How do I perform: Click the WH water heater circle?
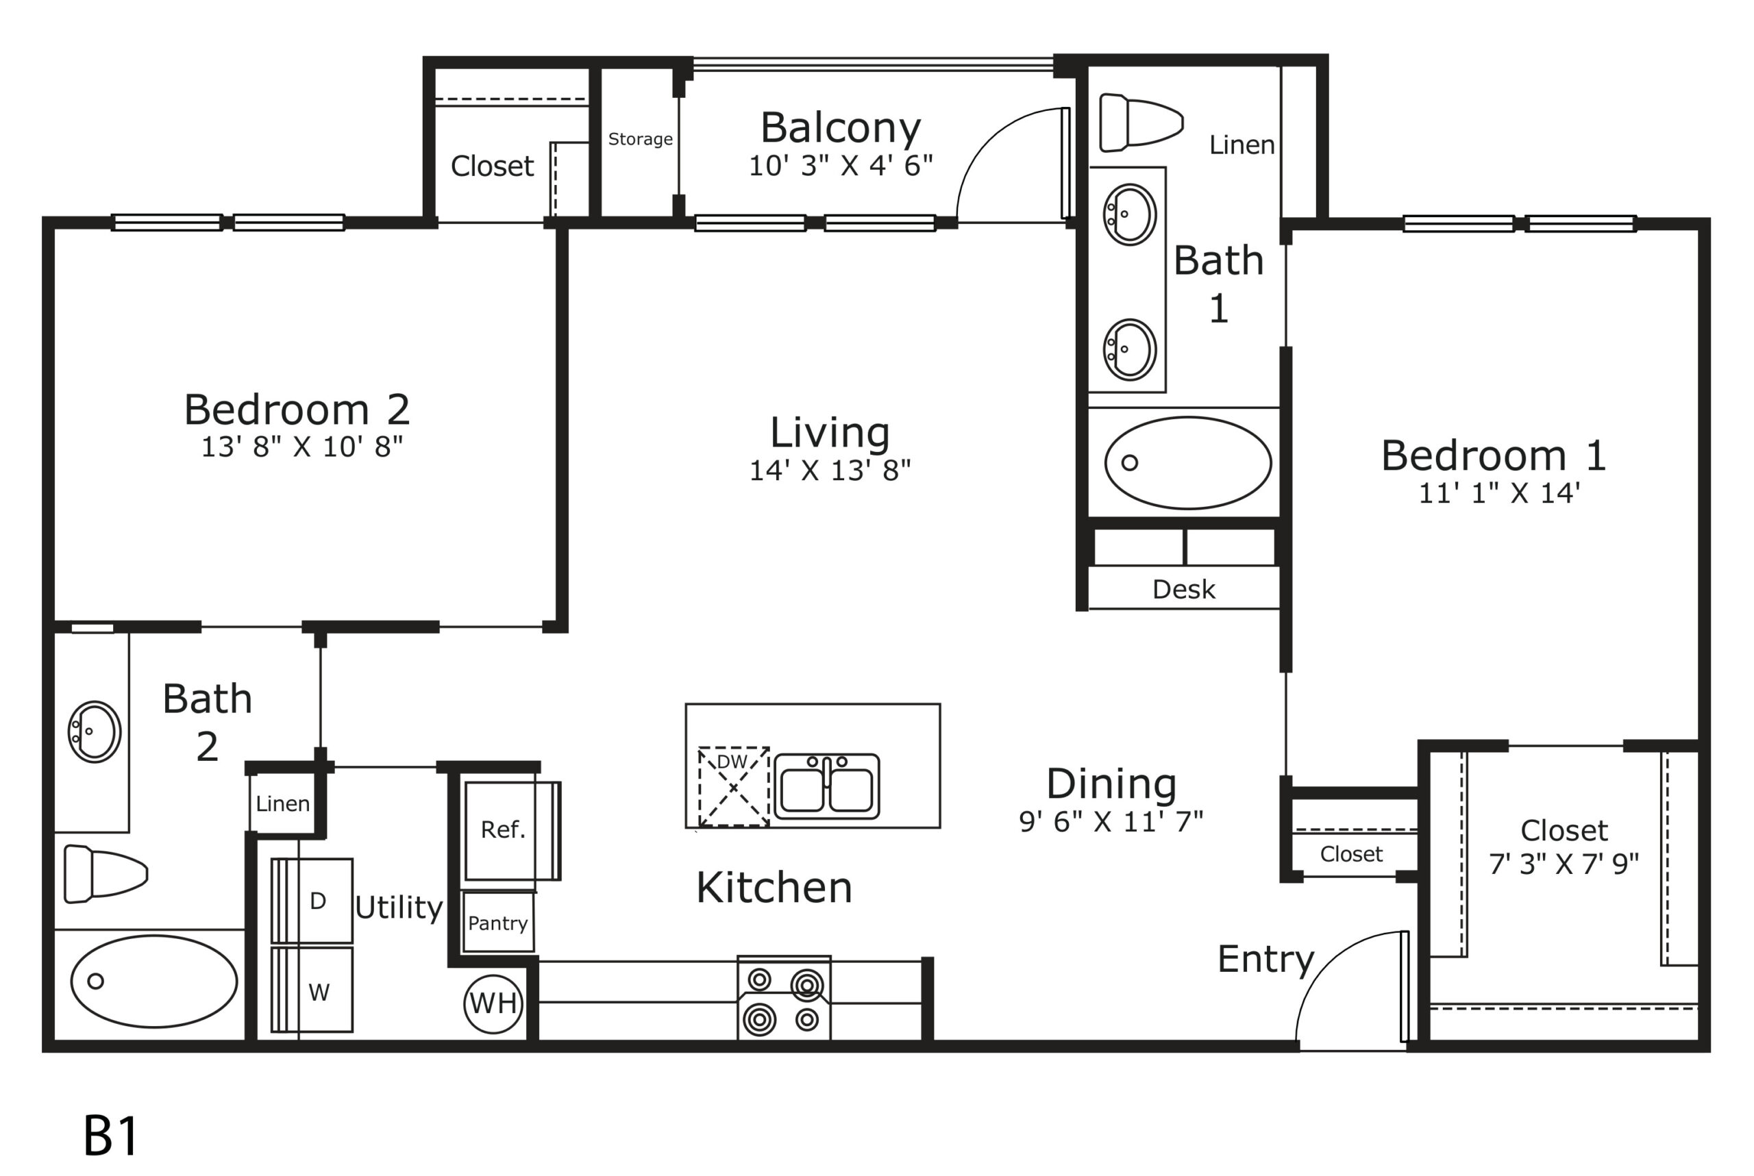click(493, 1003)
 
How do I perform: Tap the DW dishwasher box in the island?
click(734, 787)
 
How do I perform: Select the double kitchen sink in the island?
click(827, 787)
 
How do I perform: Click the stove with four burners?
click(784, 998)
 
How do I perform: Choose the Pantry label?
click(497, 923)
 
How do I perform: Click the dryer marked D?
click(312, 901)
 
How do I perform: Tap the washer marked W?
click(312, 990)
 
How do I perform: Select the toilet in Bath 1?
click(1141, 122)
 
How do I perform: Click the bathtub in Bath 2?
click(153, 981)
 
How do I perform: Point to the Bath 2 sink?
click(95, 732)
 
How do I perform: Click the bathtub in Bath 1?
click(1187, 463)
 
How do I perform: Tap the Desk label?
click(1183, 590)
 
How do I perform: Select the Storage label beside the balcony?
click(640, 140)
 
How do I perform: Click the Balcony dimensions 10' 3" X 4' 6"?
click(840, 166)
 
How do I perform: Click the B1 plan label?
click(110, 1136)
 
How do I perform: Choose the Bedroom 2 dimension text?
click(301, 447)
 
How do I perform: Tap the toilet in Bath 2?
click(106, 874)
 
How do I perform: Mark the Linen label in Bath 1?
click(1242, 145)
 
